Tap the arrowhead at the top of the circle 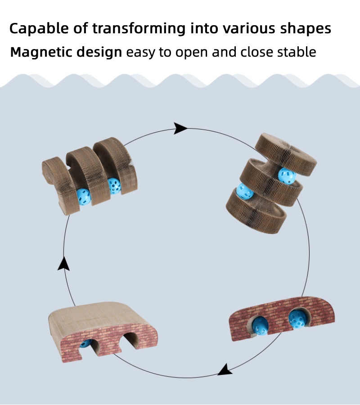[180, 128]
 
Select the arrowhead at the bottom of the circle [225, 370]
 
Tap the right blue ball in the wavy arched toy [114, 185]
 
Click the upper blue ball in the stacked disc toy [287, 175]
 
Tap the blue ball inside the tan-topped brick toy [85, 343]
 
